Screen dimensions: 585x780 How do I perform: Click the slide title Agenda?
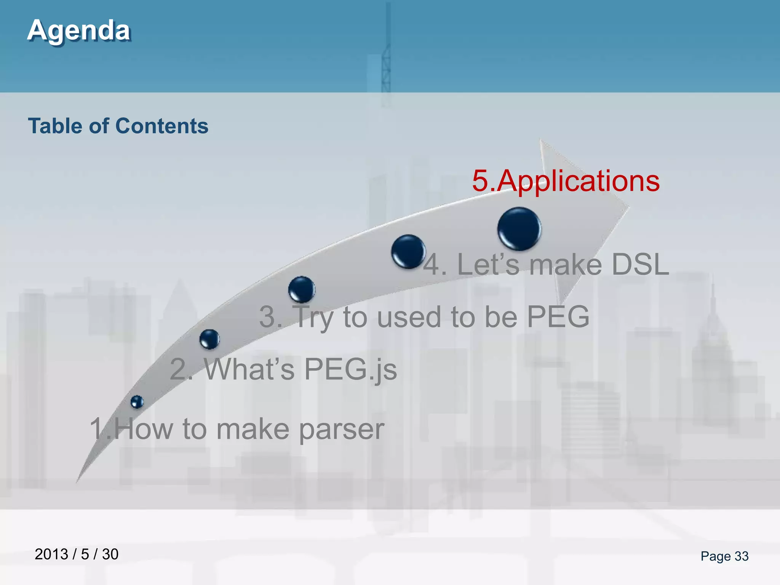tap(79, 30)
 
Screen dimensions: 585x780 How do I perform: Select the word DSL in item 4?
tap(640, 264)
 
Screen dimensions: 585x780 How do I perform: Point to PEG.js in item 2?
tap(350, 369)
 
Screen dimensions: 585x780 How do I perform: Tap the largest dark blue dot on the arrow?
tap(519, 229)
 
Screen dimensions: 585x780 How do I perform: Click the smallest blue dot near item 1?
tap(137, 402)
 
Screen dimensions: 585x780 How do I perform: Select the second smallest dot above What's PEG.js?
tap(209, 339)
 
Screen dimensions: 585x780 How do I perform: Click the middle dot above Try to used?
tap(302, 289)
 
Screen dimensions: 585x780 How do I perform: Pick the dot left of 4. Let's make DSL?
tap(408, 251)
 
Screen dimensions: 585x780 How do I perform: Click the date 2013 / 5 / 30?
tap(77, 554)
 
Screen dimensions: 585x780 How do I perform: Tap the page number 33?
tap(741, 556)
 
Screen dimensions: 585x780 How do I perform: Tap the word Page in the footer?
tap(715, 556)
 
